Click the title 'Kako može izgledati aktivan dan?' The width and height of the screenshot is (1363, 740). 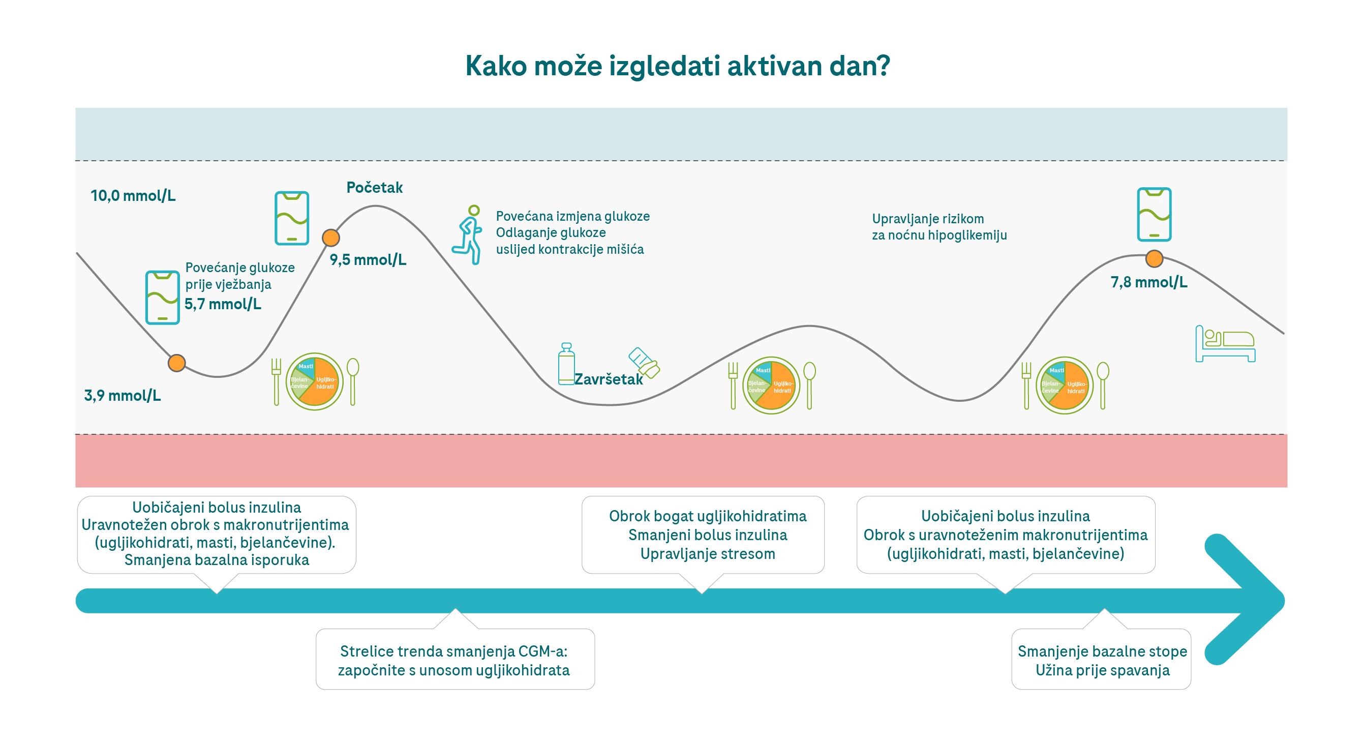point(677,66)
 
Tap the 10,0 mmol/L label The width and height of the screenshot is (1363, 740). point(133,196)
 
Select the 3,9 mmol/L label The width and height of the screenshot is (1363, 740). point(122,395)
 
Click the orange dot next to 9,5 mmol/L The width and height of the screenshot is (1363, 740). point(330,238)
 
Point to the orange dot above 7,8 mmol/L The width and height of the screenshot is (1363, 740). point(1154,259)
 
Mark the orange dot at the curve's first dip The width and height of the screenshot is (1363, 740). point(177,363)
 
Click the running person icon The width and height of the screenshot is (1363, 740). point(468,235)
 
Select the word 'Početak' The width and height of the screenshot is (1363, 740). point(374,187)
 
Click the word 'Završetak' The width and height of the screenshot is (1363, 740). point(609,379)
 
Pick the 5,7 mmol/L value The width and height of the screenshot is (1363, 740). point(223,304)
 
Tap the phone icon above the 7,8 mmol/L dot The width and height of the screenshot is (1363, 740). point(1154,215)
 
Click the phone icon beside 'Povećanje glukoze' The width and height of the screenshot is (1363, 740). point(163,298)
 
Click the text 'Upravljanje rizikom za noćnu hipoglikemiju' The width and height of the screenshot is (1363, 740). point(938,227)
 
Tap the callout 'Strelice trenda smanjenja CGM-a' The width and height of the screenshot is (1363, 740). point(455,660)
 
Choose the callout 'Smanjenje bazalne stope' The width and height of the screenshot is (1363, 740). point(1102,660)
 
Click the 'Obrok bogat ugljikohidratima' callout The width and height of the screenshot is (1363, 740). point(707,535)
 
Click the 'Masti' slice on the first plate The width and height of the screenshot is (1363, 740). point(307,366)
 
